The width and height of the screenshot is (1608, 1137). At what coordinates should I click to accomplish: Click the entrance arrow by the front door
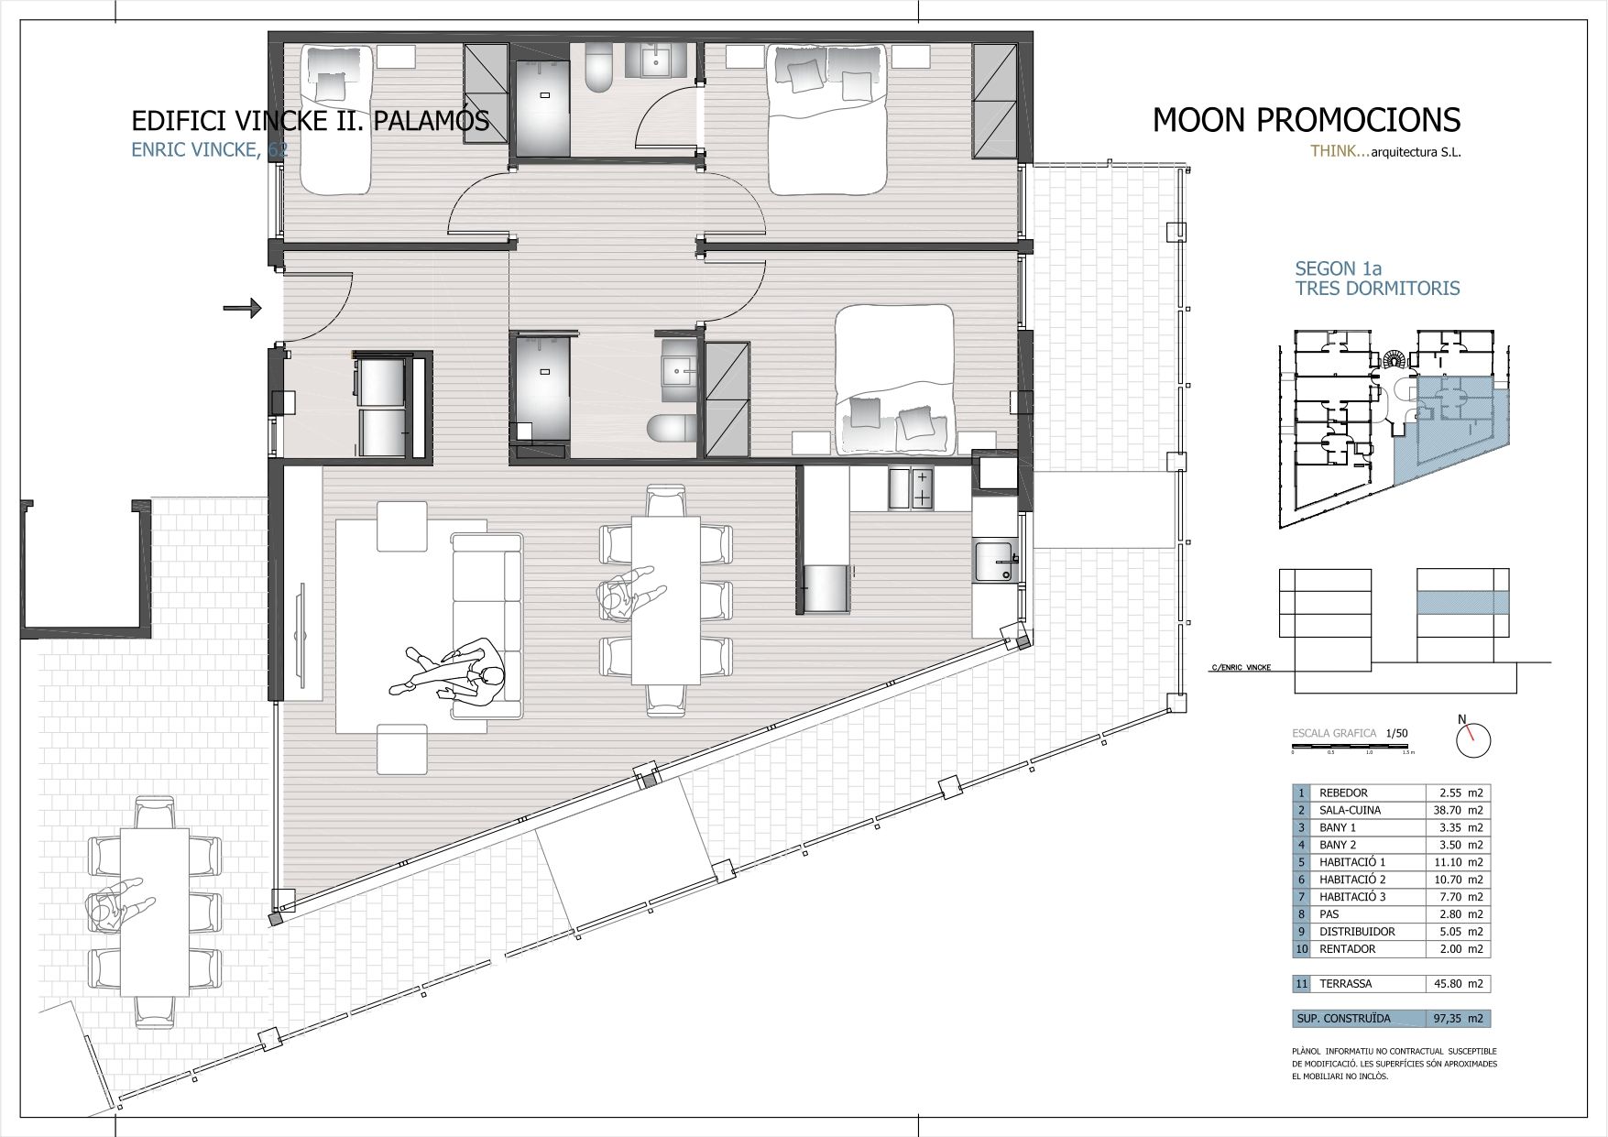242,309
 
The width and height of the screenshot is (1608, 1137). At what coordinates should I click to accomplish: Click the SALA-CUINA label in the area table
1350,810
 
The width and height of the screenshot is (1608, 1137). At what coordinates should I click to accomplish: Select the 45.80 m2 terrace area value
1458,984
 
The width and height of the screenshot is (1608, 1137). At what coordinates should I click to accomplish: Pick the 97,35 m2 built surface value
1458,1018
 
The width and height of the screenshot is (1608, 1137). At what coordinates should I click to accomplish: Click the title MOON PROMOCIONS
1306,120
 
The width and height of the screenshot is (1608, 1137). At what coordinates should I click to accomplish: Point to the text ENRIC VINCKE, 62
210,150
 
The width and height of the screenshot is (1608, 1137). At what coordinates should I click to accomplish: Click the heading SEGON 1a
1337,268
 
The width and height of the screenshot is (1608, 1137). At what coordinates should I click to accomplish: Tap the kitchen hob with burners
910,487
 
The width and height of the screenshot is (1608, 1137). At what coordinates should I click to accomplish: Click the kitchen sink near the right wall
995,561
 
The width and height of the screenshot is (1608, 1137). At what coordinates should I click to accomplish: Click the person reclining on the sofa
454,674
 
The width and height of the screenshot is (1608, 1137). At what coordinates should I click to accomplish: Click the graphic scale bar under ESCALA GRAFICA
1351,748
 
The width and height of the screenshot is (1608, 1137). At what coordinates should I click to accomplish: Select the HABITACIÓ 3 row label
1351,897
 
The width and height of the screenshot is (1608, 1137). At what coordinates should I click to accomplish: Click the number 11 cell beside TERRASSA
1301,984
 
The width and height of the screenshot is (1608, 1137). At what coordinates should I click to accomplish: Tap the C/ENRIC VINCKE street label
1241,668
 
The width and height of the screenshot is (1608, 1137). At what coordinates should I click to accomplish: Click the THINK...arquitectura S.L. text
1385,152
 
